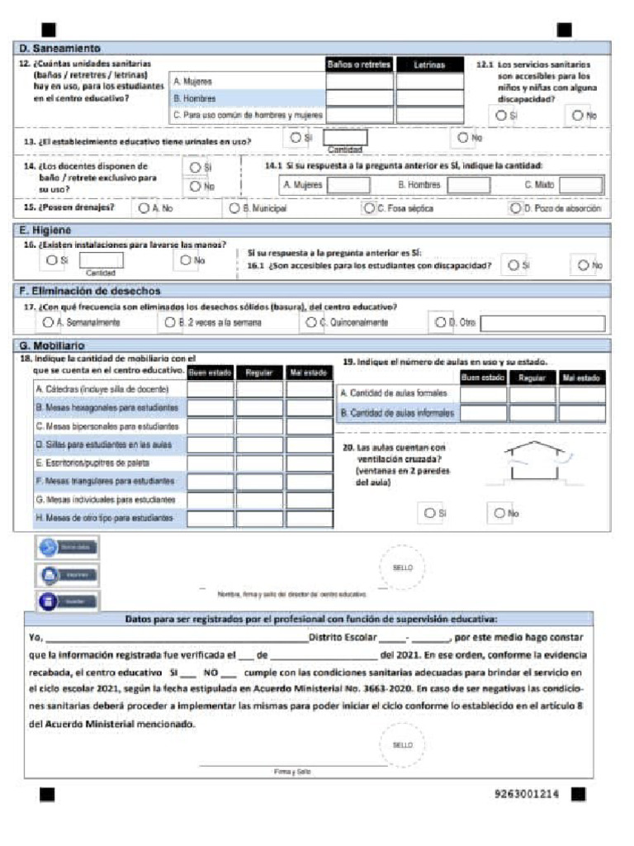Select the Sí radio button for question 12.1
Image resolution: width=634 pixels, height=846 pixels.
point(501,116)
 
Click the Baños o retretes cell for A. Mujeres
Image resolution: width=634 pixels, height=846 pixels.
point(359,82)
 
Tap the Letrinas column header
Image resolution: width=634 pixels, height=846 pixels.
point(429,64)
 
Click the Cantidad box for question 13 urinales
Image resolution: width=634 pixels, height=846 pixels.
point(344,138)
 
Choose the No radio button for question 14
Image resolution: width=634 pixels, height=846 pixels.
point(196,187)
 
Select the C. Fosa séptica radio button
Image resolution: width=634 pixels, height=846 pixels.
point(369,209)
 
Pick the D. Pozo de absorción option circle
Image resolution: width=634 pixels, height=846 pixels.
point(516,209)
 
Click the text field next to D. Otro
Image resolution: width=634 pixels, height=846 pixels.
point(542,323)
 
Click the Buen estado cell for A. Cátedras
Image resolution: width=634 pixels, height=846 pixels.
point(211,390)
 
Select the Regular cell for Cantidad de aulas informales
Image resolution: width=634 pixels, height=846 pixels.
point(532,413)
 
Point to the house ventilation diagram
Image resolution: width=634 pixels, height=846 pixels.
point(536,463)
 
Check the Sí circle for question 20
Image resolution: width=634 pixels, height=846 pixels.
point(429,513)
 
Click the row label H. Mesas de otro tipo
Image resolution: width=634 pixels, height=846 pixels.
point(104,518)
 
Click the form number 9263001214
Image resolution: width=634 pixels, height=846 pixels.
point(527,794)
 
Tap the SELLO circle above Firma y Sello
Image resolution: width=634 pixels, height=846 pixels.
point(402,745)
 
